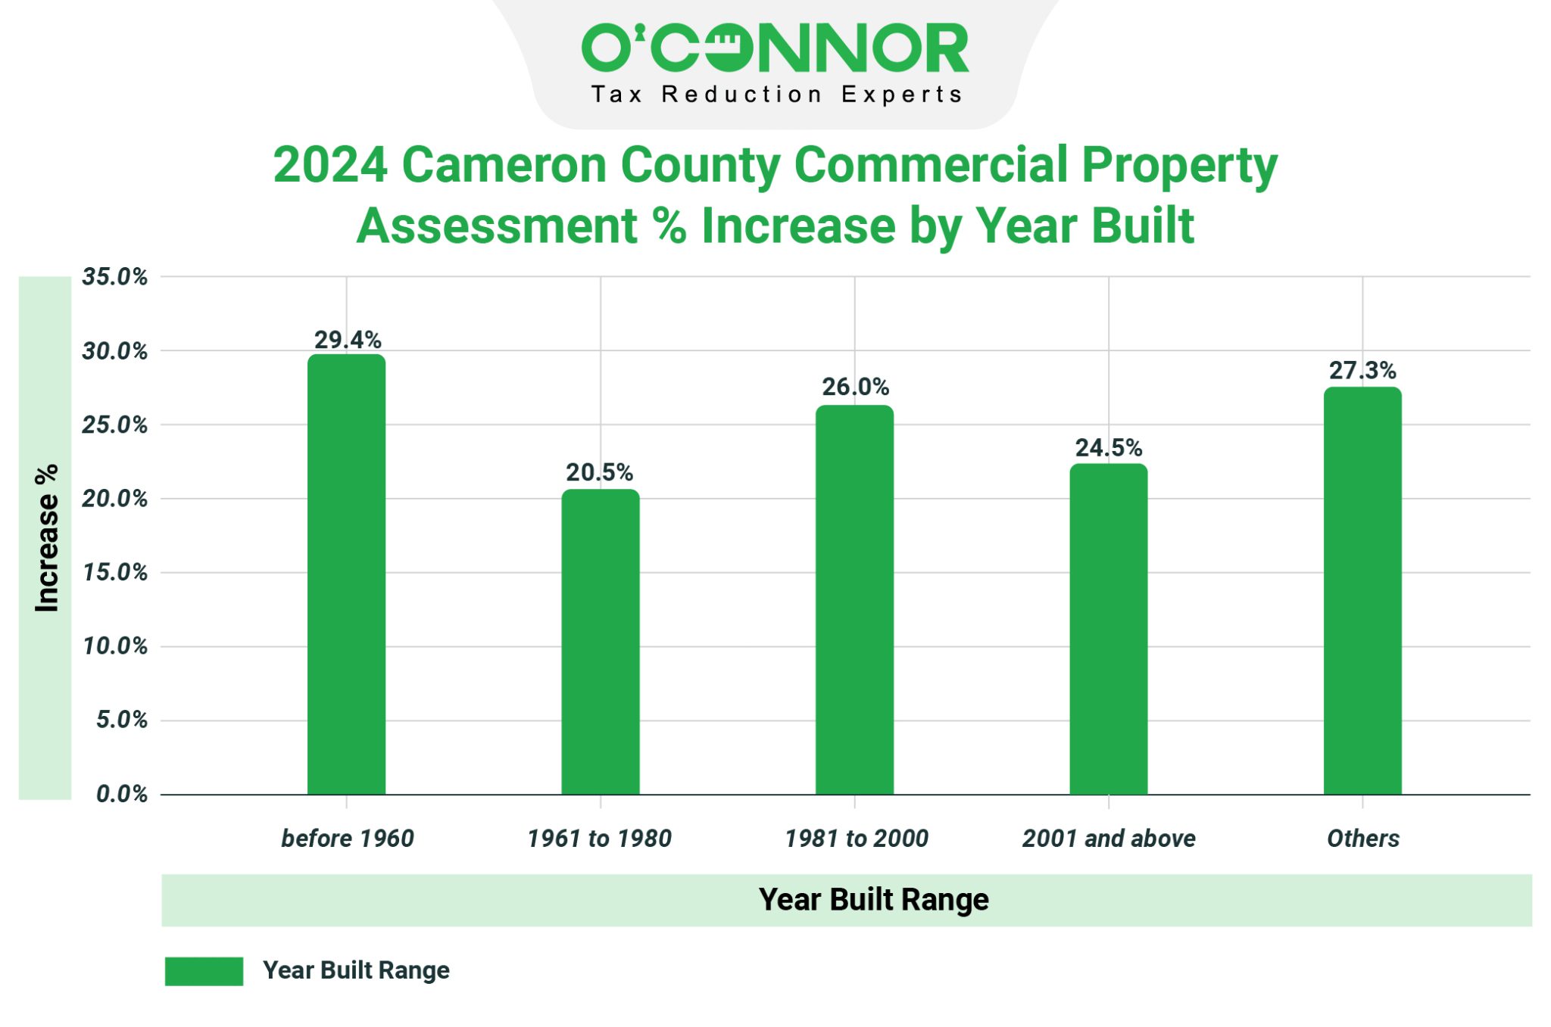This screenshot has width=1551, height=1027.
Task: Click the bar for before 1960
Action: [x=346, y=575]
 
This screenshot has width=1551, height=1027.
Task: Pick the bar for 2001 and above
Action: [x=1108, y=629]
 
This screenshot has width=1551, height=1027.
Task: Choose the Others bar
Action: [x=1362, y=590]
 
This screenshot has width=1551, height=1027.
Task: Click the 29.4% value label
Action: [x=348, y=340]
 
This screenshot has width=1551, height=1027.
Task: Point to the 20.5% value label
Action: [x=599, y=472]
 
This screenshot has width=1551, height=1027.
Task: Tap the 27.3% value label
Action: [x=1362, y=370]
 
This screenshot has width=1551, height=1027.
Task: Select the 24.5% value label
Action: [x=1108, y=447]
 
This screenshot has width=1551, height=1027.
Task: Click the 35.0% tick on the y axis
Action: [x=115, y=277]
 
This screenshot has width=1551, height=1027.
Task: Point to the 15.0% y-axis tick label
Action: [x=115, y=572]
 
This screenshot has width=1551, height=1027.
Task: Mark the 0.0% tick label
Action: [x=121, y=794]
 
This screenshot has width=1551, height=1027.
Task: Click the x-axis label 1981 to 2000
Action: [x=856, y=839]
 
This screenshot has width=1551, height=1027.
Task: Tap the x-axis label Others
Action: [x=1362, y=839]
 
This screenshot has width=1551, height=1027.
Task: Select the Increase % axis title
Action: [x=46, y=537]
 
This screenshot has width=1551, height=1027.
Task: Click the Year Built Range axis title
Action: [x=873, y=900]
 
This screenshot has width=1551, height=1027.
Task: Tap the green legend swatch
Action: [x=204, y=971]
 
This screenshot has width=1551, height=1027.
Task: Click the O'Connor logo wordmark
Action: [x=775, y=47]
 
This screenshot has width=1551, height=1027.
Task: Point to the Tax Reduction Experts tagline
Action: [x=775, y=95]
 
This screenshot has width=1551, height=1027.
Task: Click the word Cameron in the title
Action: [x=504, y=164]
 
